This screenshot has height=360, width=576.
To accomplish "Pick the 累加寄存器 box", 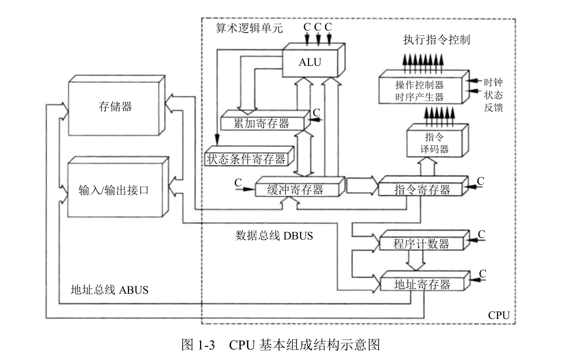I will coord(262,123).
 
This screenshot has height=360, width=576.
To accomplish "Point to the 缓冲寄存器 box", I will coord(295,189).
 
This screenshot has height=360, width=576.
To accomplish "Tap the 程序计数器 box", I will coord(421,244).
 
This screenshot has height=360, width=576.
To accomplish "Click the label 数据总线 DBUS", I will coord(274,235).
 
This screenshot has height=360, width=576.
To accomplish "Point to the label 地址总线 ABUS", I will coord(110,289).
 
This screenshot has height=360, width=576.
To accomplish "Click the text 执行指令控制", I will coord(436,40).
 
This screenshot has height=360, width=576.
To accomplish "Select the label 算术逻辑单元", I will coord(249,27).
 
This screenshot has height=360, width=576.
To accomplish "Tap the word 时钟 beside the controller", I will coord(493,83).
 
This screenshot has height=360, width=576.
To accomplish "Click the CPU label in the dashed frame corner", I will coord(499,315).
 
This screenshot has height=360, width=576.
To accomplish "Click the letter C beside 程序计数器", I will coord(481,234).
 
